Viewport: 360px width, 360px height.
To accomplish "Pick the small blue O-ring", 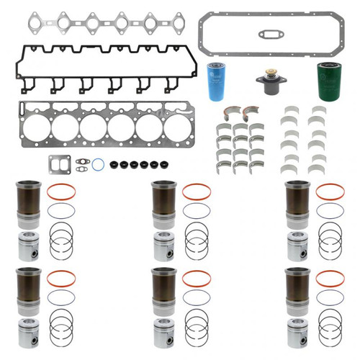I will (x=98, y=165).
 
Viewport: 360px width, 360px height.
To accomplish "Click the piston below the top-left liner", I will (x=27, y=247).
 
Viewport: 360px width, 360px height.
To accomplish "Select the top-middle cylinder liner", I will (x=163, y=204).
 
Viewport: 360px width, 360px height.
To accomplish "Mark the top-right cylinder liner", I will (x=297, y=204).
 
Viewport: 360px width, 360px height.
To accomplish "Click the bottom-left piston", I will (x=27, y=331).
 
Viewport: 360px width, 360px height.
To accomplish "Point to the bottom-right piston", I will (x=297, y=331).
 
